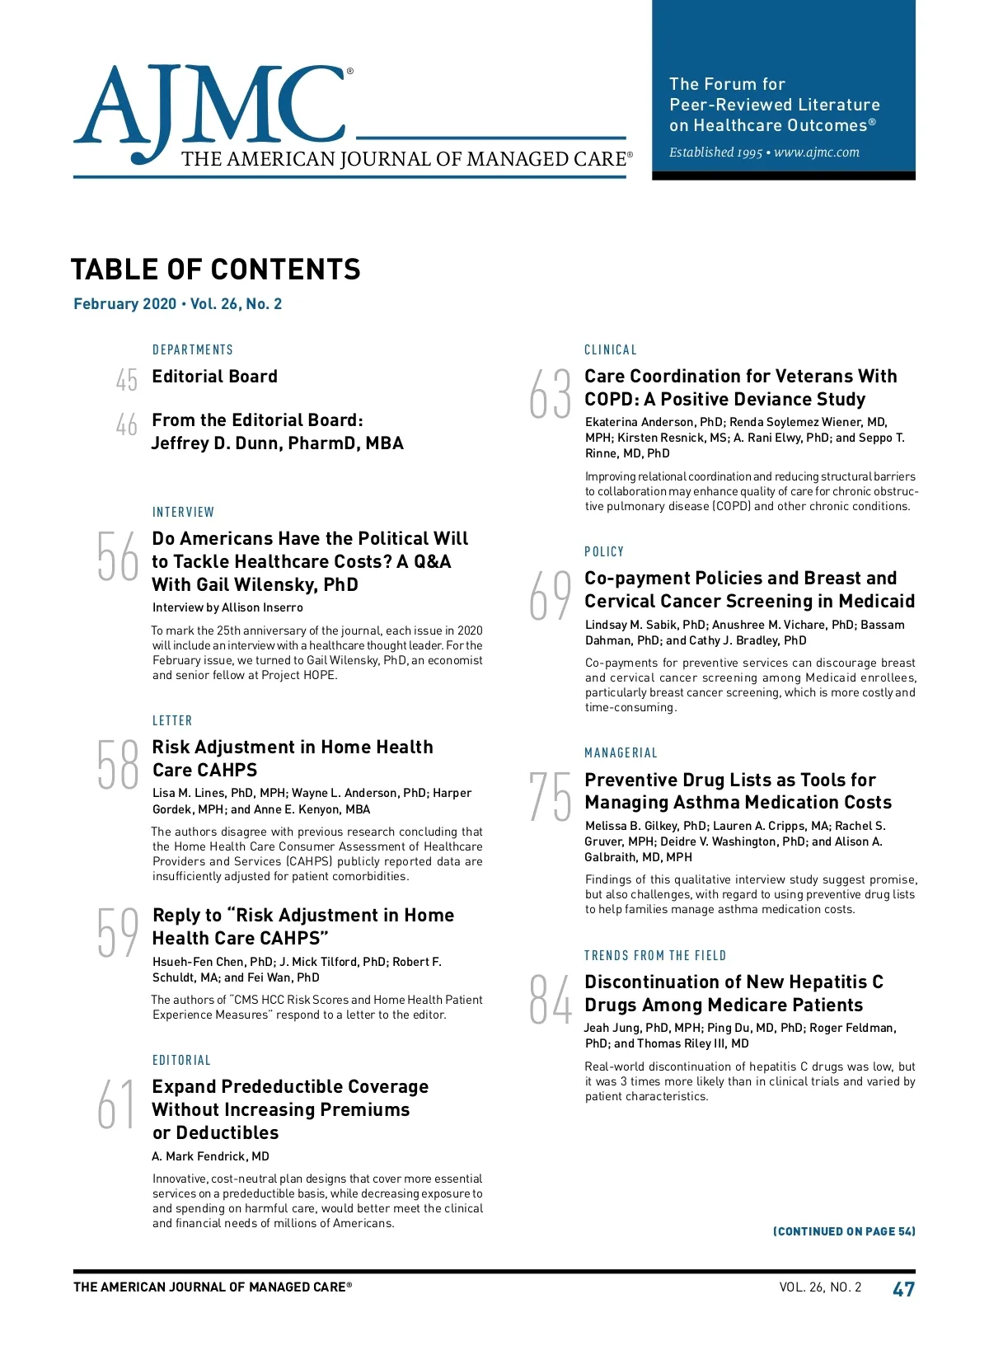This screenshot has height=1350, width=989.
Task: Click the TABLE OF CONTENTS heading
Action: pyautogui.click(x=216, y=270)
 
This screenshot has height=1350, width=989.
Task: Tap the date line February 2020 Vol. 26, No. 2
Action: pyautogui.click(x=177, y=304)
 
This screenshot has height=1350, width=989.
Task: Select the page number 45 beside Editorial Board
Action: pyautogui.click(x=126, y=380)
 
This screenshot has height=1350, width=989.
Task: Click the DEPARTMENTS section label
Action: pyautogui.click(x=193, y=350)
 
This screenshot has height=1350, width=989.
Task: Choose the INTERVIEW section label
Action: pyautogui.click(x=183, y=513)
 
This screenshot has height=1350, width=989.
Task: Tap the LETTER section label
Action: pyautogui.click(x=172, y=721)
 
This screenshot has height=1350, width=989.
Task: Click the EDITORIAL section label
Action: pyautogui.click(x=181, y=1061)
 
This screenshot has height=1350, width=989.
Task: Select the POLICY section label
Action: pyautogui.click(x=604, y=552)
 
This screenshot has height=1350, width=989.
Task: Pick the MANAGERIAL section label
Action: pyautogui.click(x=621, y=753)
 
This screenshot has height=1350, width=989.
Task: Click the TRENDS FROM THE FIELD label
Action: pyautogui.click(x=655, y=956)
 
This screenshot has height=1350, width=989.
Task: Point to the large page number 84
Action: pyautogui.click(x=550, y=1000)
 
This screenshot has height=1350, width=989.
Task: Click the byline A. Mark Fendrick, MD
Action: pyautogui.click(x=210, y=1156)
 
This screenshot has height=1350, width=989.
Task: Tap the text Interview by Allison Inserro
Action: pyautogui.click(x=227, y=607)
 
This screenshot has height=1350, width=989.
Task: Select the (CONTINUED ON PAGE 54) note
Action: pyautogui.click(x=844, y=1231)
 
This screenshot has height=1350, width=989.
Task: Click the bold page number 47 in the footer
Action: pyautogui.click(x=903, y=1289)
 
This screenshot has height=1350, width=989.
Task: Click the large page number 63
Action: pyautogui.click(x=550, y=394)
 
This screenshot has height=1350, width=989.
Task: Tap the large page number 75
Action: pyautogui.click(x=550, y=797)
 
